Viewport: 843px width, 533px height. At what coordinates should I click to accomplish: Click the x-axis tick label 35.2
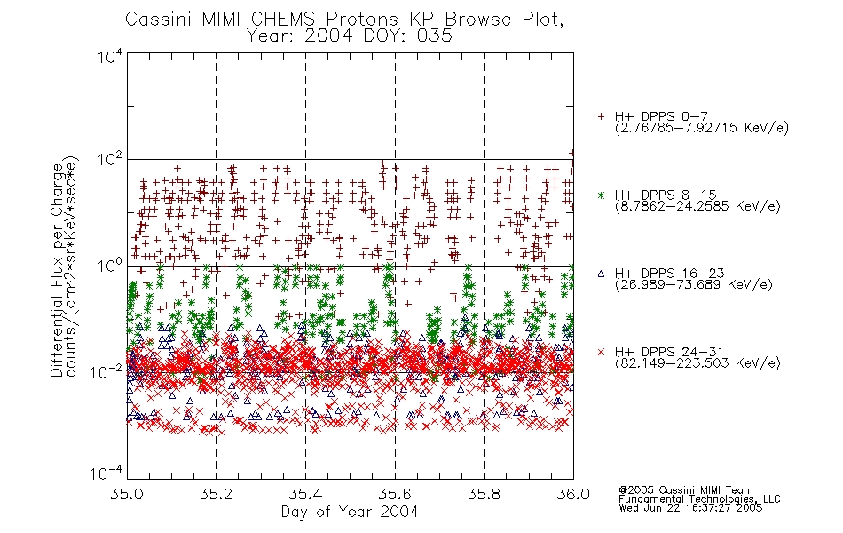(217, 494)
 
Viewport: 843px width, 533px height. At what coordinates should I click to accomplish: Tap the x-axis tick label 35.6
(395, 494)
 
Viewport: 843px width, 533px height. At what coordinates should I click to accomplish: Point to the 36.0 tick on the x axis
(573, 494)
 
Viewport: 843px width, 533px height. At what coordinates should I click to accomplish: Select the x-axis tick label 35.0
(127, 494)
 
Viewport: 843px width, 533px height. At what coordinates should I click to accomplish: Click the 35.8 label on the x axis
(484, 494)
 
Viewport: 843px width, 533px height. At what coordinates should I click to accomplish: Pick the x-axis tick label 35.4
(305, 494)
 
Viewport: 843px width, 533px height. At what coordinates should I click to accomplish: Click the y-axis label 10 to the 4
(110, 56)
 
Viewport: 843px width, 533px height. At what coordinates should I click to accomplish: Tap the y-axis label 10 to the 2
(110, 160)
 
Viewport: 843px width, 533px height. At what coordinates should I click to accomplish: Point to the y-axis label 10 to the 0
(110, 266)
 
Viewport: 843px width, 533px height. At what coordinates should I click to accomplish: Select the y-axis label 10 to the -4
(107, 473)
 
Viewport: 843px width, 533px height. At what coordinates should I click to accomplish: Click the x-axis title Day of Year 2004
(350, 512)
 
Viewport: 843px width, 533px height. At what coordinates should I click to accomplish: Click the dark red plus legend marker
(601, 116)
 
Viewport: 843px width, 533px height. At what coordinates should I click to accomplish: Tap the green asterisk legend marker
(601, 195)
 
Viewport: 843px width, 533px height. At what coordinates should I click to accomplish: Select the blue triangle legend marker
(601, 274)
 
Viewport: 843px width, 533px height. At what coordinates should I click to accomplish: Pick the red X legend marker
(601, 352)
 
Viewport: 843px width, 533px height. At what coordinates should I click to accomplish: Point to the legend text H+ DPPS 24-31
(669, 352)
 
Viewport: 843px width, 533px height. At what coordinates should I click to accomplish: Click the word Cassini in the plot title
(159, 20)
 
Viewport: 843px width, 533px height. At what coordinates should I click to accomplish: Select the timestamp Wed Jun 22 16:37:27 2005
(690, 508)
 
